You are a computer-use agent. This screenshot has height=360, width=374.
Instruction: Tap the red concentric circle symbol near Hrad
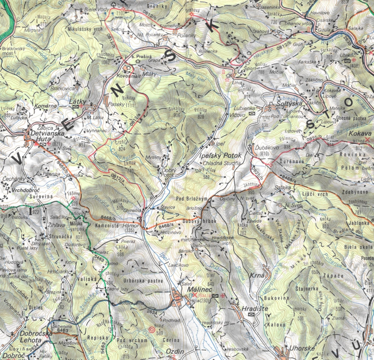tap(152, 329)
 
